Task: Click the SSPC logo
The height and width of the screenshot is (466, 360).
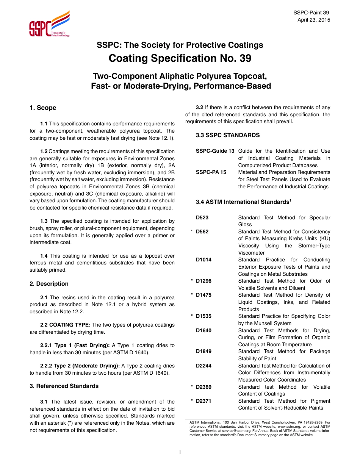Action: [x=50, y=24]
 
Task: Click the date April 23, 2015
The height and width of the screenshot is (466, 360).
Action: [x=314, y=20]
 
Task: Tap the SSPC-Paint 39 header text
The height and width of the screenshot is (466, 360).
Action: [x=311, y=13]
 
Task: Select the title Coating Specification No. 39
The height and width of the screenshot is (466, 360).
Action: [x=180, y=58]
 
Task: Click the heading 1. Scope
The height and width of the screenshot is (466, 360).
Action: [x=43, y=108]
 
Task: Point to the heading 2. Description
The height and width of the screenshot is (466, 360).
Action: [x=49, y=284]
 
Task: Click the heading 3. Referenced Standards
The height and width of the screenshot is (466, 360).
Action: [x=64, y=386]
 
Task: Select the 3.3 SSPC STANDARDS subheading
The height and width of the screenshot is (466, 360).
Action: [x=222, y=135]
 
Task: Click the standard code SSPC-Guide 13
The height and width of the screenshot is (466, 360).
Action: [x=215, y=151]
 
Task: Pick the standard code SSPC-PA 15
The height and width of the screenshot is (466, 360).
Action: [x=211, y=172]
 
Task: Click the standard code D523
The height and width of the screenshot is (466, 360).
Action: [x=202, y=217]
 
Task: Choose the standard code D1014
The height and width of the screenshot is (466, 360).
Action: [x=203, y=260]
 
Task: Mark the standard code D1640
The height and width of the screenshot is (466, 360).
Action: [x=203, y=330]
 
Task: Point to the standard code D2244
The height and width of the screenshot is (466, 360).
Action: [x=203, y=366]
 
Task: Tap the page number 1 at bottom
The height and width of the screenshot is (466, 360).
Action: [x=180, y=452]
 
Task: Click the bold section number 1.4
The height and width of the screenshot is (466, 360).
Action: [x=44, y=256]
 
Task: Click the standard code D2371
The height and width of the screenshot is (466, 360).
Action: [x=203, y=401]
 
